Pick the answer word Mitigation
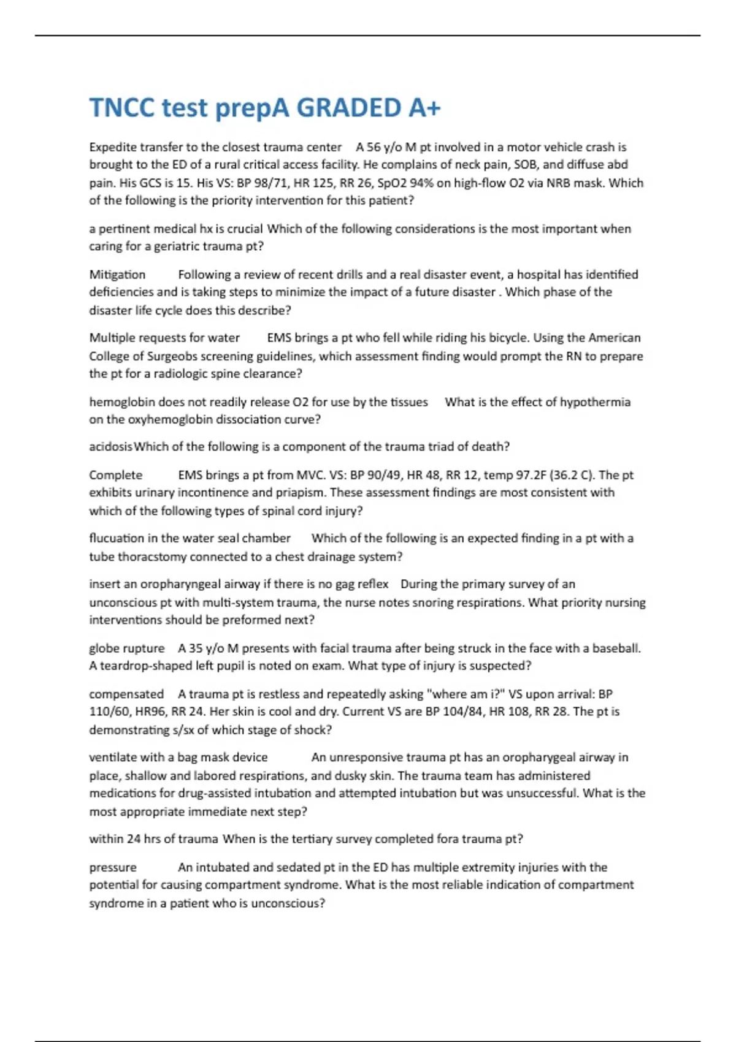click(117, 275)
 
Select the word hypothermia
click(595, 402)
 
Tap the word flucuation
click(117, 538)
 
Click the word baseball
click(616, 648)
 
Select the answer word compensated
click(126, 694)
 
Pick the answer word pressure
click(113, 867)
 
